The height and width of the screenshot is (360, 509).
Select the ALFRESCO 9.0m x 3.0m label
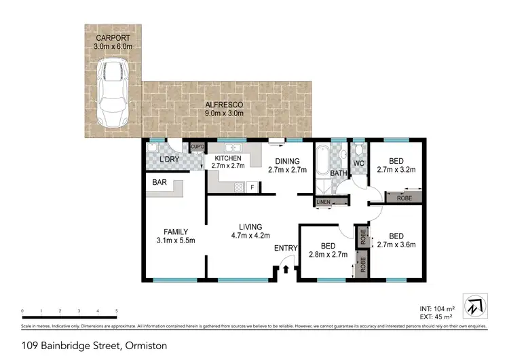click(x=225, y=109)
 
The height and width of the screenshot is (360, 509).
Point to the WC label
click(x=359, y=164)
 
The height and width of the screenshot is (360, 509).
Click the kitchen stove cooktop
click(x=239, y=187)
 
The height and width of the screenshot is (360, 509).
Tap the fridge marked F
click(x=252, y=187)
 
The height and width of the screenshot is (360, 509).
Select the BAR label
click(x=160, y=183)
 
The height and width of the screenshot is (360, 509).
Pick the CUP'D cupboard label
click(x=197, y=146)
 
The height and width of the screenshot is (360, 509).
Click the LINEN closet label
click(x=323, y=202)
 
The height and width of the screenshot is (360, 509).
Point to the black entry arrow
click(x=286, y=269)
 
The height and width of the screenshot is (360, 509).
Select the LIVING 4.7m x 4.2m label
click(x=245, y=231)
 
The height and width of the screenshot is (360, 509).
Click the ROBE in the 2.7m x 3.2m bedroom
click(x=404, y=197)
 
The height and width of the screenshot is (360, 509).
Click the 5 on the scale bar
click(x=117, y=311)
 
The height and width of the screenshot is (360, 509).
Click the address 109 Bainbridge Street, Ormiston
click(x=94, y=345)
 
